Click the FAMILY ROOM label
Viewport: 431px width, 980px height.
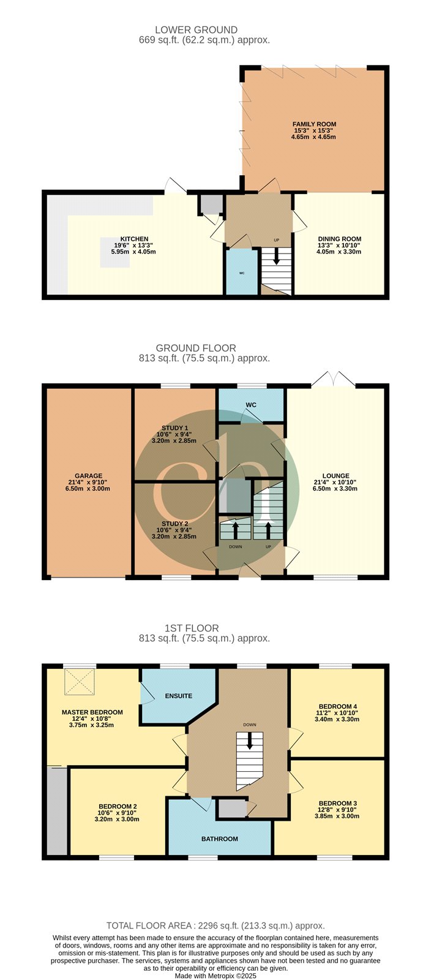[314, 124]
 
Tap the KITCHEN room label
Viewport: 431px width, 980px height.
[134, 239]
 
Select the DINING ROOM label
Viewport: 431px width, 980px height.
[340, 239]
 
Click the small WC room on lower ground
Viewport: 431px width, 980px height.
[242, 272]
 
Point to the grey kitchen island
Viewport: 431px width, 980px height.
[115, 252]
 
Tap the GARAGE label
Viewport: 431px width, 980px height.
[89, 475]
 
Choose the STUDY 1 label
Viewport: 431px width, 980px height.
[175, 428]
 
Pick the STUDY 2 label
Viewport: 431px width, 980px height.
[175, 524]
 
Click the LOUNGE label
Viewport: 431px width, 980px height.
[335, 475]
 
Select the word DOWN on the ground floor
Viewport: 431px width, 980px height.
[236, 546]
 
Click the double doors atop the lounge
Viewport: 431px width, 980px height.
[333, 379]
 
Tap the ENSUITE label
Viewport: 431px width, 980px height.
[178, 696]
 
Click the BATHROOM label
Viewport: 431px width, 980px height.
[219, 839]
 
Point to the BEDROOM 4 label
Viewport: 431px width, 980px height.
[338, 706]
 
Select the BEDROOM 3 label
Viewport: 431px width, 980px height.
[338, 803]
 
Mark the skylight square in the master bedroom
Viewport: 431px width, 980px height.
[80, 682]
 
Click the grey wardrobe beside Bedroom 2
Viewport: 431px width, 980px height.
[58, 811]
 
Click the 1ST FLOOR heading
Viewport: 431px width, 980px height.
[192, 628]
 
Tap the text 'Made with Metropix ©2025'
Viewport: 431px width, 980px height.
[215, 976]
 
